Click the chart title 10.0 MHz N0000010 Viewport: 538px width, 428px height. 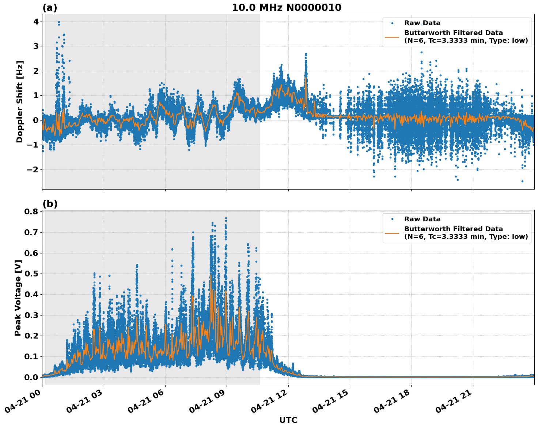coord(287,8)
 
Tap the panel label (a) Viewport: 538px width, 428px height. coord(50,8)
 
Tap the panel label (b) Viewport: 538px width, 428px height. coord(50,204)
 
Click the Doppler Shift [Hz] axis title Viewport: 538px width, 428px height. coord(20,102)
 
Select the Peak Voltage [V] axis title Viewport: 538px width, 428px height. coord(18,298)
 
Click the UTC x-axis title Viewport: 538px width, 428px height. coord(288,420)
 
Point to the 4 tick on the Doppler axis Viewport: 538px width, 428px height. coord(36,22)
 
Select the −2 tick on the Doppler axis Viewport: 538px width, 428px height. coord(33,169)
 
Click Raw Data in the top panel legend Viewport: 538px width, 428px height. coord(422,23)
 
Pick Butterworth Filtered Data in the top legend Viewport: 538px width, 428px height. coord(453,33)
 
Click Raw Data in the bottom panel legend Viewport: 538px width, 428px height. coord(422,219)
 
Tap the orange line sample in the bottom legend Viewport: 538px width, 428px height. coord(392,233)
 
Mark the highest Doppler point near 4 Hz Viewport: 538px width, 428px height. coord(59,22)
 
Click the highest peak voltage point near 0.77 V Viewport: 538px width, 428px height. coord(226,218)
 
